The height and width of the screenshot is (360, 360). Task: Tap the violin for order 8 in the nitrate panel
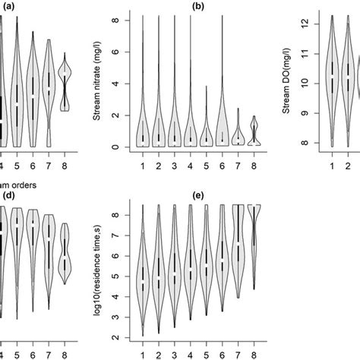[x=255, y=132]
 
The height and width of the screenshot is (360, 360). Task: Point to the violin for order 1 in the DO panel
[x=332, y=80]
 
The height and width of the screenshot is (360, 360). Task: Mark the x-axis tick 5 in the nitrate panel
[x=207, y=163]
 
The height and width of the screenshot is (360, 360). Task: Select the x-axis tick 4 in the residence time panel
[x=191, y=354]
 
